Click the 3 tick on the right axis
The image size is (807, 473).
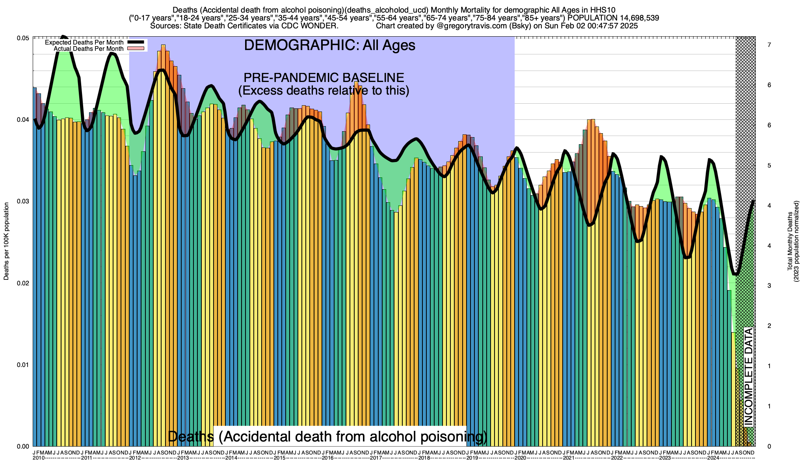point(769,286)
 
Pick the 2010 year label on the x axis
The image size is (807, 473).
point(39,458)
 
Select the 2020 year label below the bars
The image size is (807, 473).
point(520,458)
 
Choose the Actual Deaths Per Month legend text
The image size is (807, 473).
point(88,49)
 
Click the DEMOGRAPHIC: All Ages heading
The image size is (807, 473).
point(329,45)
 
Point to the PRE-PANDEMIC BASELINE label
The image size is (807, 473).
point(324,78)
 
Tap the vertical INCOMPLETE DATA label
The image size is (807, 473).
point(748,376)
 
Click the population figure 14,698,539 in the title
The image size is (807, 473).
point(632,18)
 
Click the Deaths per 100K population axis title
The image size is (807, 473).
point(6,242)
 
